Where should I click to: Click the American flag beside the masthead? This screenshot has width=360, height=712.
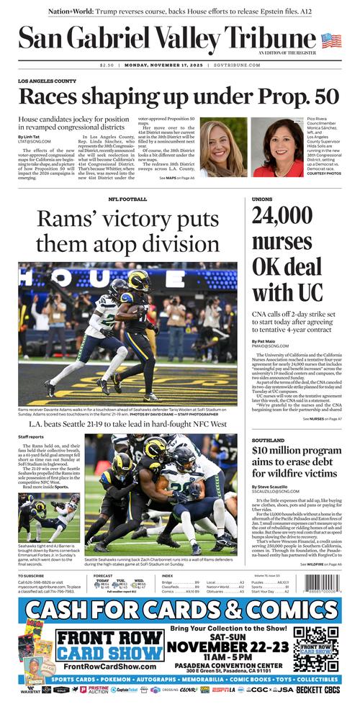[331, 40]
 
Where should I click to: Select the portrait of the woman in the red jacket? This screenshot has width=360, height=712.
[277, 148]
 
